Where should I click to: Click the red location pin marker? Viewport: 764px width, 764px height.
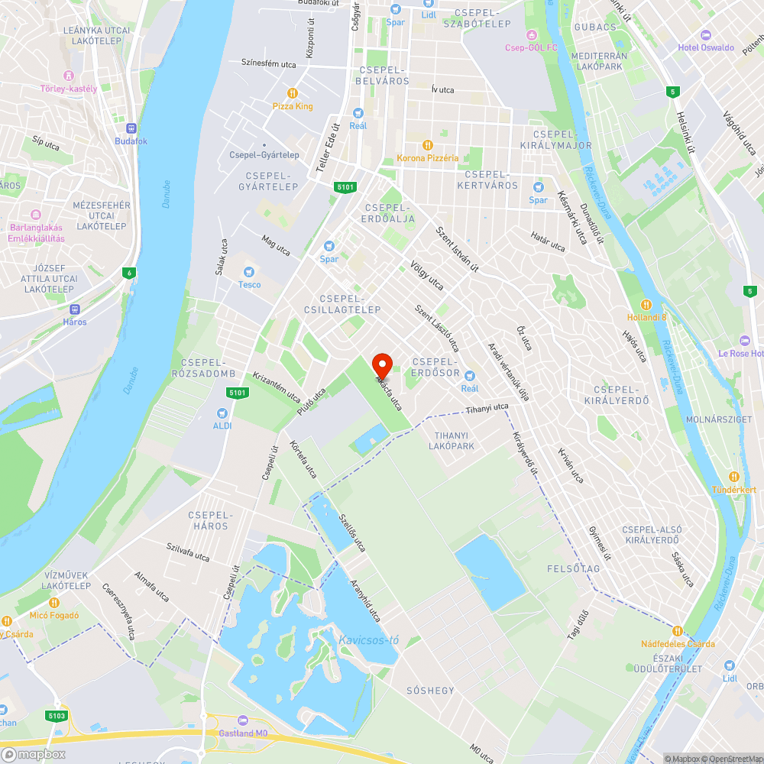[x=381, y=365]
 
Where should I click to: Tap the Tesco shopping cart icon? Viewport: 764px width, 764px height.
[x=248, y=272]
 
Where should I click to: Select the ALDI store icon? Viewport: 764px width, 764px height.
[x=222, y=413]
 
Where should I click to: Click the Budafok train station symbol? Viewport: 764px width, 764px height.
[x=131, y=129]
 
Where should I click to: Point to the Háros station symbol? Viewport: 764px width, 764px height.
[x=75, y=309]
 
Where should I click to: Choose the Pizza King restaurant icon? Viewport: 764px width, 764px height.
[x=293, y=93]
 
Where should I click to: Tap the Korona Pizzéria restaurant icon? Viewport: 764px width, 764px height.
[x=428, y=145]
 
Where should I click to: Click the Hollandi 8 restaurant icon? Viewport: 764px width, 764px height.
[x=647, y=304]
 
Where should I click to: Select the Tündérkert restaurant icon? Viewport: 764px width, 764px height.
[x=734, y=477]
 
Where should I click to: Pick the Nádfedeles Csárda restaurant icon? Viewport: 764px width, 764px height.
[x=678, y=631]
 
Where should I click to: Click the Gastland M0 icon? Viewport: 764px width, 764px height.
[x=243, y=720]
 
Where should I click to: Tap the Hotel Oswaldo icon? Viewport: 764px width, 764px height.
[x=706, y=35]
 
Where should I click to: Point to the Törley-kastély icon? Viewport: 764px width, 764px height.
[x=69, y=76]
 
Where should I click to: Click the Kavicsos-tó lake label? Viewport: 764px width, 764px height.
[x=368, y=639]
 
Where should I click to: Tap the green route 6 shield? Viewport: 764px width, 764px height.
[x=130, y=273]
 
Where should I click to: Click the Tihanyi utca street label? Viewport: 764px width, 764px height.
[x=487, y=409]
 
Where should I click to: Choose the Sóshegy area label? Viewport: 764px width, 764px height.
[x=430, y=690]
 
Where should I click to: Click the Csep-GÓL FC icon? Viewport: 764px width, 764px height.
[x=531, y=35]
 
